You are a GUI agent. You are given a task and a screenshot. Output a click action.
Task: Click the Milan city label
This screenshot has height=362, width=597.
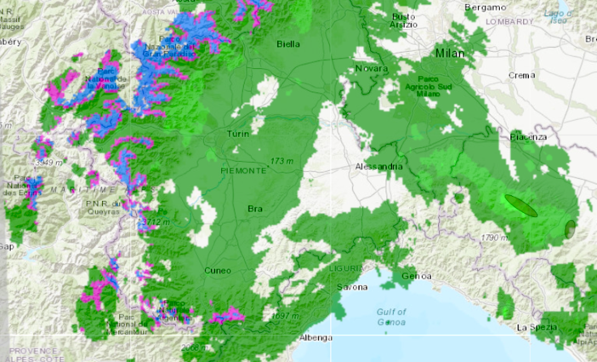click(x=451, y=53)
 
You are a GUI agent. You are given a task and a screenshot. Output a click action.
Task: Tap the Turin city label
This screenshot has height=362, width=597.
click(x=237, y=135)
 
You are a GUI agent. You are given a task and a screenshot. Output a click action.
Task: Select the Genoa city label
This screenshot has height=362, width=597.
click(x=417, y=276)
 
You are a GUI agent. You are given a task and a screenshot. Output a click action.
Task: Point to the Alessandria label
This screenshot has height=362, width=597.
click(x=378, y=166)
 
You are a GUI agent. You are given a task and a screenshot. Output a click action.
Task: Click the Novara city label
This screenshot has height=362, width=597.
click(x=371, y=68)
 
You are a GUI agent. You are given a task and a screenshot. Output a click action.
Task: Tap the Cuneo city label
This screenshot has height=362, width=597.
click(x=218, y=270)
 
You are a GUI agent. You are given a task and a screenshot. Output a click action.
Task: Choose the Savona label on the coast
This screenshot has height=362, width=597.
click(x=353, y=287)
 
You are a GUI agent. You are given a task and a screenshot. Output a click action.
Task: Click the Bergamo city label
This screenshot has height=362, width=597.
click(x=484, y=7)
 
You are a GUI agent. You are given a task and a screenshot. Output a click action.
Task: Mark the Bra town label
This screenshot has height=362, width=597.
click(x=254, y=209)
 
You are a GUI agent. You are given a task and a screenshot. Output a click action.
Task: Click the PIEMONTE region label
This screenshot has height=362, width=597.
click(x=243, y=170)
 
